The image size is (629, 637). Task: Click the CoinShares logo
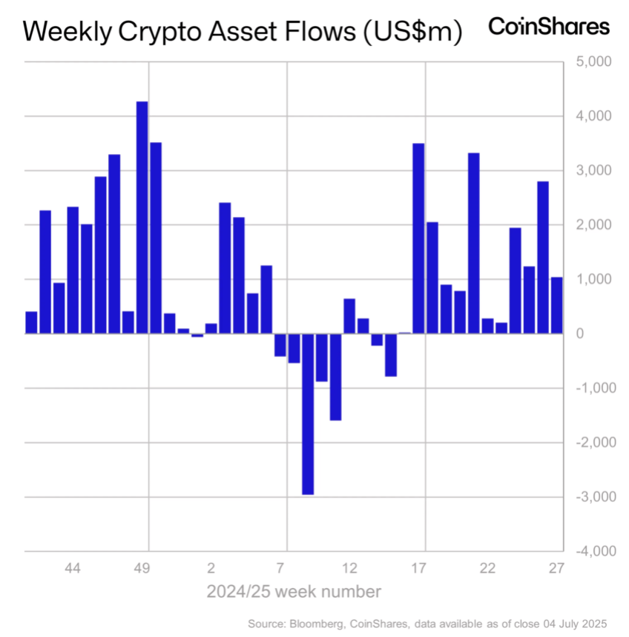[x=548, y=27]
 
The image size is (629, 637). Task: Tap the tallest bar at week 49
[x=142, y=217]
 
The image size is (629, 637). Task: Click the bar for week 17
[x=418, y=238]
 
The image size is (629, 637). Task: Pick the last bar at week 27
[x=556, y=305]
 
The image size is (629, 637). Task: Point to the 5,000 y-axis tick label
[x=593, y=62]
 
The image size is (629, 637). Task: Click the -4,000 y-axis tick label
[x=590, y=551]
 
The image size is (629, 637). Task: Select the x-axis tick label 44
[x=73, y=569]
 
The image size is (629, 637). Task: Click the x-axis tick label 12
[x=349, y=569]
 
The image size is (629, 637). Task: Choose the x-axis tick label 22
[x=487, y=569]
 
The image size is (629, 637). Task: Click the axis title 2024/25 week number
[x=294, y=592]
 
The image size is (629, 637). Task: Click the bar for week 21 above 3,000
[x=474, y=243]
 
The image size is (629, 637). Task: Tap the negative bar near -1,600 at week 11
[x=335, y=377]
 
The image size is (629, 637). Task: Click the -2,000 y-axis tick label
[x=590, y=442]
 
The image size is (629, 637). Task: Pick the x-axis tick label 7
[x=280, y=569]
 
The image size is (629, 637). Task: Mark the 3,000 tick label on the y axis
[x=593, y=171]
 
